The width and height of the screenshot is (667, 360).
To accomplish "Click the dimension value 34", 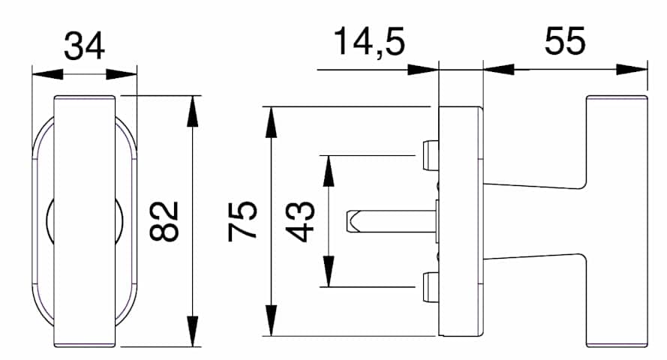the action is [84, 46].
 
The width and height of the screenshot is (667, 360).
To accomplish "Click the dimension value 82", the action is [164, 221].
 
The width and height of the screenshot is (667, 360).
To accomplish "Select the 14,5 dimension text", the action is [369, 42].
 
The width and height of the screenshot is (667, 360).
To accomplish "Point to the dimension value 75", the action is [242, 221].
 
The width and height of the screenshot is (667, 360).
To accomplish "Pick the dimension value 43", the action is [300, 221].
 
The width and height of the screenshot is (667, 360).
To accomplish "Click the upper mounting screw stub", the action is [431, 155].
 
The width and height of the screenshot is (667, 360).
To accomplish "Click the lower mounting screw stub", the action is [431, 287].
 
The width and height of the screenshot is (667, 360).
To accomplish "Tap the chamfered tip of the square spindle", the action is [351, 221].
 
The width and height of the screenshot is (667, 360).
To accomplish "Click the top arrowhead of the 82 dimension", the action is [193, 111].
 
